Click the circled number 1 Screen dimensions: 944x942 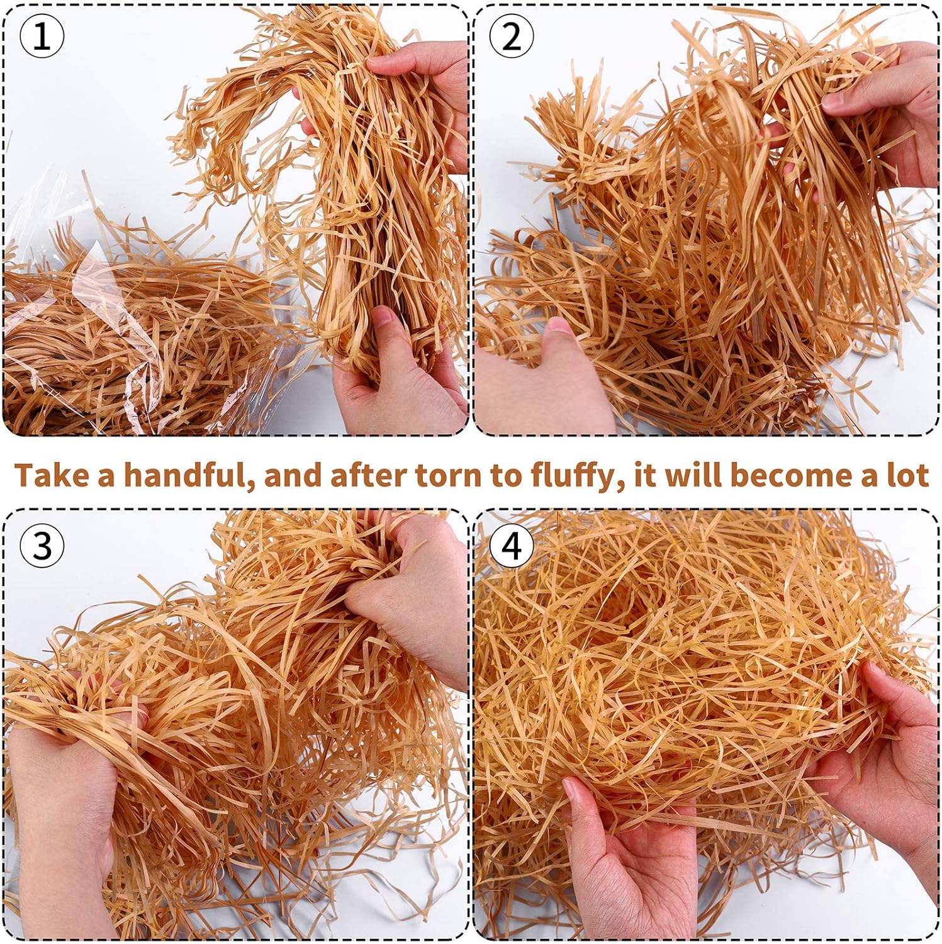(42, 38)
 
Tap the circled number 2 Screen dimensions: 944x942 (512, 38)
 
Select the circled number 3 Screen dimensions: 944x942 (42, 545)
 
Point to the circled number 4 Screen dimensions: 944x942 (512, 545)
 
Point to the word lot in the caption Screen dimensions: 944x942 (907, 475)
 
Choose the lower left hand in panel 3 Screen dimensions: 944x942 (63, 818)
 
